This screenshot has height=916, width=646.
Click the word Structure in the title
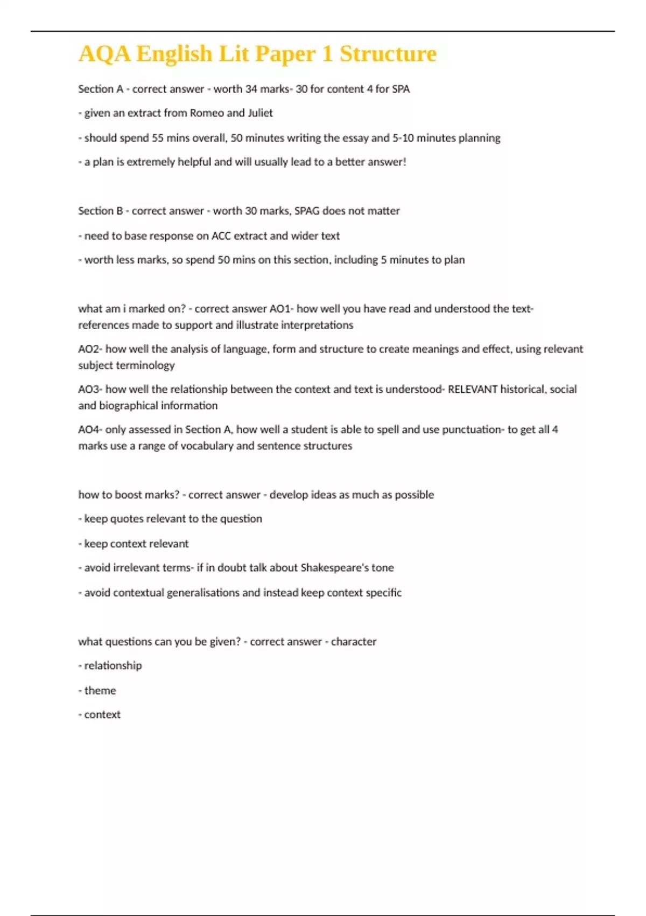388,54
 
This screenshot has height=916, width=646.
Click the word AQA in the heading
104,54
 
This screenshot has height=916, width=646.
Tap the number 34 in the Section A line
251,89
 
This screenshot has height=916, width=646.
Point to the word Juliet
260,113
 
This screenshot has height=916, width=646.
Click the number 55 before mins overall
157,138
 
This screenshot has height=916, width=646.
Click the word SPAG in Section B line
307,211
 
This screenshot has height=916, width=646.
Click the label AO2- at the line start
90,349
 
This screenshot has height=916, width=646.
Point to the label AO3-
90,390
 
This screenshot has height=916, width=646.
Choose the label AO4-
90,429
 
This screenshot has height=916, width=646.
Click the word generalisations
203,593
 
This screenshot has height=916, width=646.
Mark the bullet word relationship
113,665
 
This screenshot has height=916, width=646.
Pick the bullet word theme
100,690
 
